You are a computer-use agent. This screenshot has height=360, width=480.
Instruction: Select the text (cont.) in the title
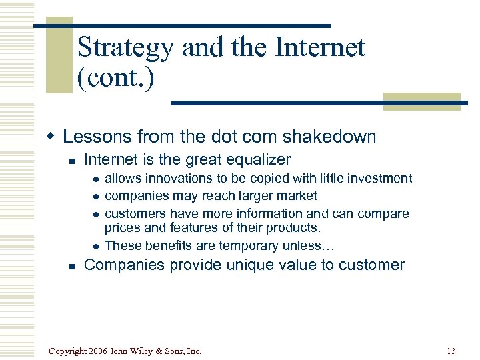[115, 79]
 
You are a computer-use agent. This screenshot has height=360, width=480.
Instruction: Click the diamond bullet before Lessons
[50, 137]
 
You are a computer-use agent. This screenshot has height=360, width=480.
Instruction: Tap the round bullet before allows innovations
[97, 179]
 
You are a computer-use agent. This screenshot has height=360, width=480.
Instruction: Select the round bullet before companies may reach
[97, 197]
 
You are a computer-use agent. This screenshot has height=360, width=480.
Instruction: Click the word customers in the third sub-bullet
[135, 213]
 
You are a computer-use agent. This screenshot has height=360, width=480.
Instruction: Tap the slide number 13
[451, 351]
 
